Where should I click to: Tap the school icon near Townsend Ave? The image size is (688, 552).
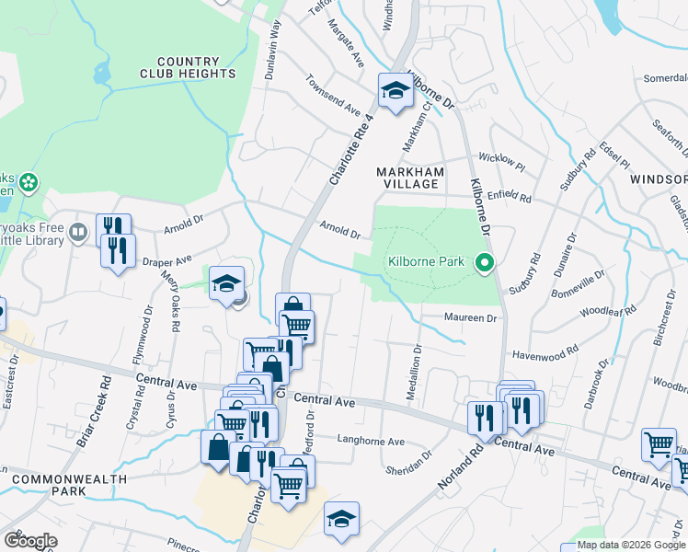395,91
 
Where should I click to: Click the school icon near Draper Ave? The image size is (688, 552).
225,284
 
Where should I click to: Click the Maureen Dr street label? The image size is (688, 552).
471,318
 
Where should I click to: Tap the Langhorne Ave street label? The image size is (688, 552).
371,442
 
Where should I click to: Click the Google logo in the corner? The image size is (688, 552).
30,541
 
